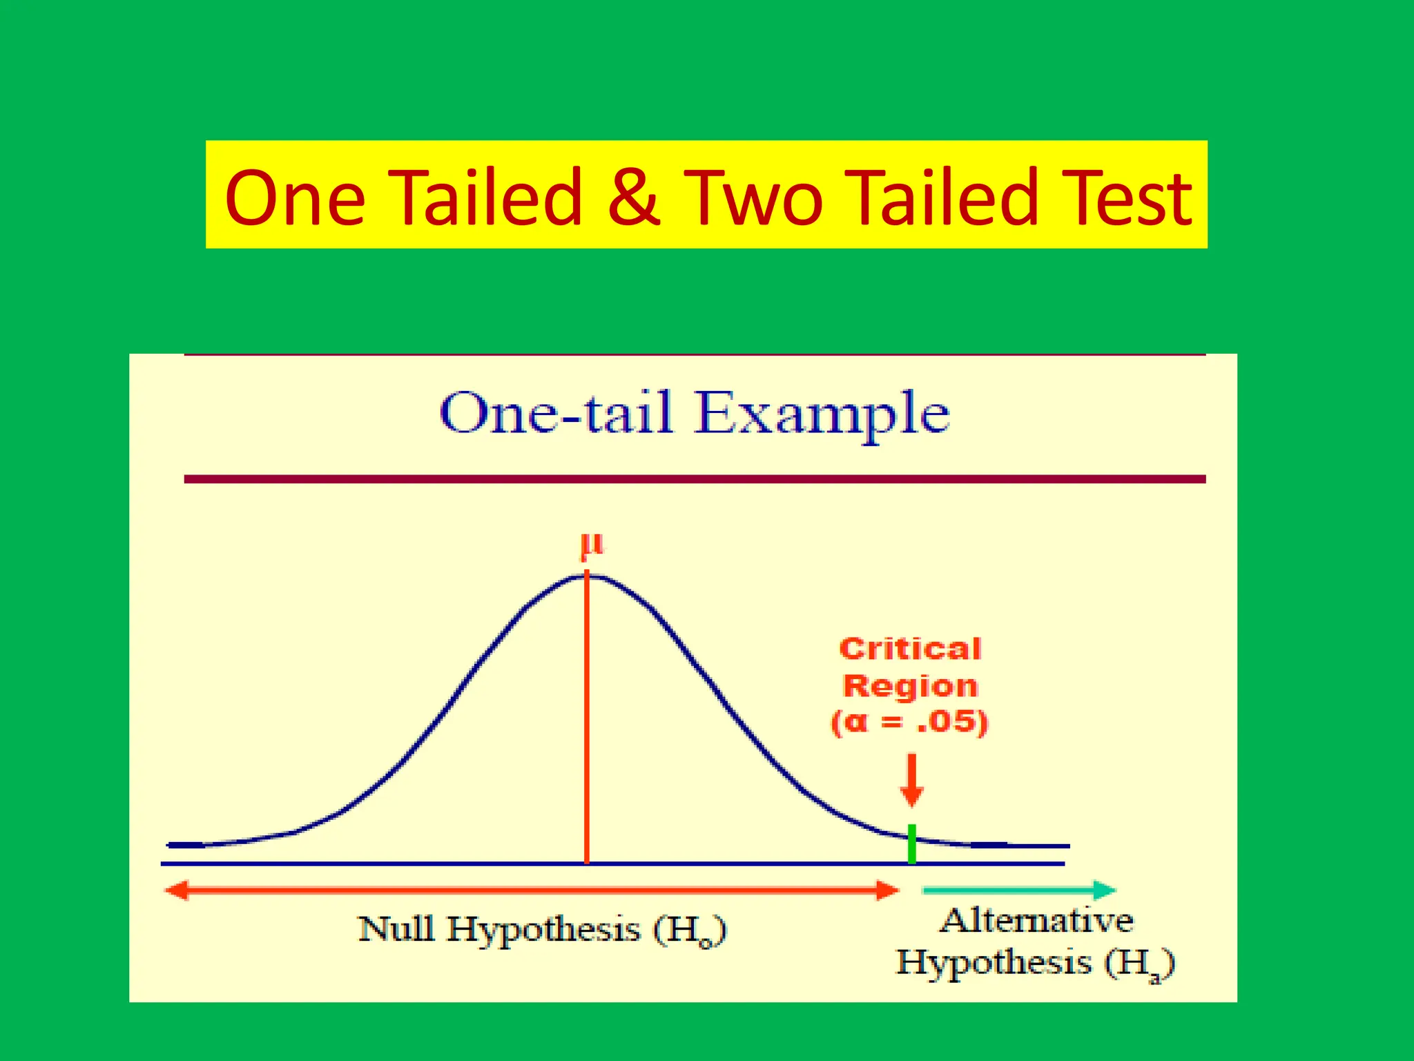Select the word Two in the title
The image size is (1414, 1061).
(754, 198)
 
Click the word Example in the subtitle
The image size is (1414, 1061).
(822, 414)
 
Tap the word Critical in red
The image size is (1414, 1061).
(910, 649)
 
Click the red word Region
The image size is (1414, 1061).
(910, 686)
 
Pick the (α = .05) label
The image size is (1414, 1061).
(910, 723)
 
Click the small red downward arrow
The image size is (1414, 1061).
(912, 781)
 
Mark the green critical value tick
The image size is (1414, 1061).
(912, 844)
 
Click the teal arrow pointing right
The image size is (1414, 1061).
(1019, 890)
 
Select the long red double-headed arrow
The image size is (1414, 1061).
(532, 890)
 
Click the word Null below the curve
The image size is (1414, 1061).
(396, 929)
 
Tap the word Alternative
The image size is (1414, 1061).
(1037, 921)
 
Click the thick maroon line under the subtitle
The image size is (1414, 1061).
(695, 479)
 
